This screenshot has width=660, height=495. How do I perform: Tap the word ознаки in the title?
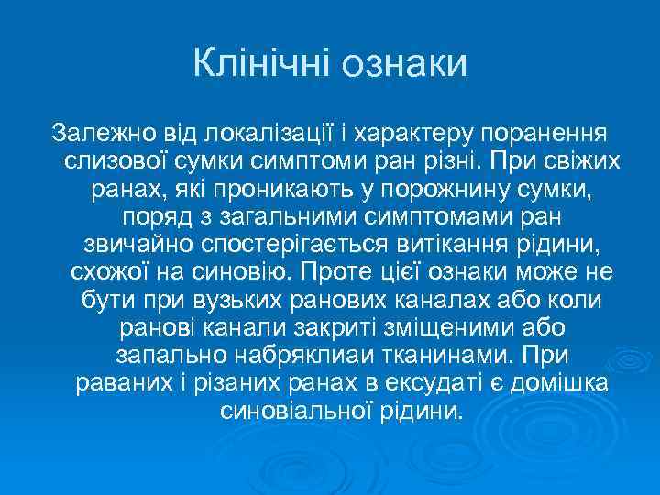[x=402, y=65]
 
